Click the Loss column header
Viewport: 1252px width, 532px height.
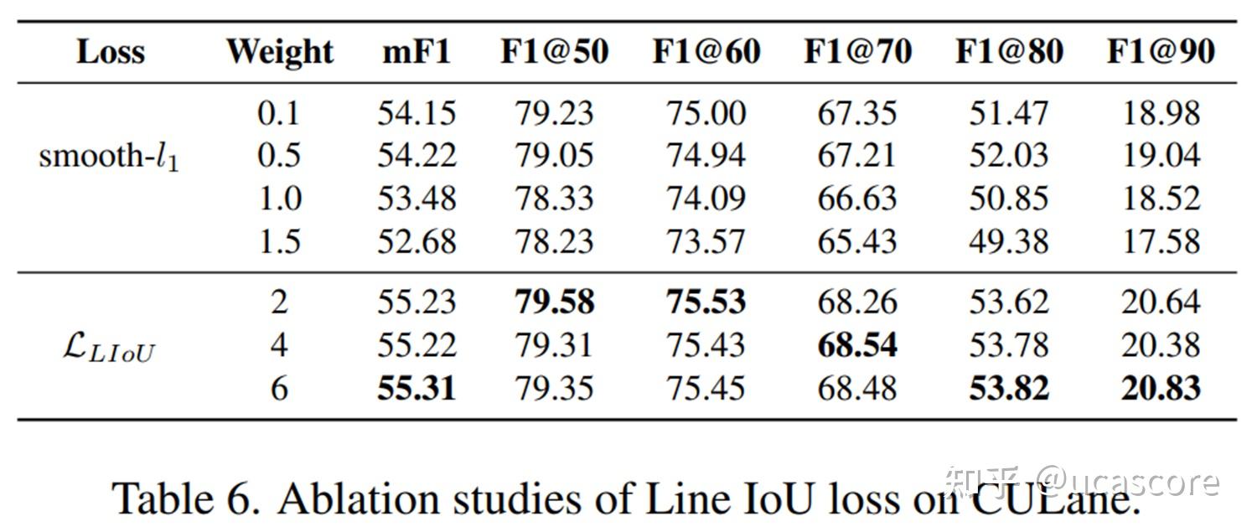pos(111,52)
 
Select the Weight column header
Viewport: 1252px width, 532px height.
pos(279,52)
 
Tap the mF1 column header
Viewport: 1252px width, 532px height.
pos(416,52)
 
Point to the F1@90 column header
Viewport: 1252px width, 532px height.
pos(1161,52)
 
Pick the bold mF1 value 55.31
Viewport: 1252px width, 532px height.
pos(416,389)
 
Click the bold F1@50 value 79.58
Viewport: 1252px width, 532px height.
pos(555,302)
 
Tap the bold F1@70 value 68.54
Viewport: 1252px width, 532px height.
pos(857,345)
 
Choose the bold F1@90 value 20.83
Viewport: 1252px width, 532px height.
pos(1161,389)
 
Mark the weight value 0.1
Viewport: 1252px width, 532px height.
pos(279,113)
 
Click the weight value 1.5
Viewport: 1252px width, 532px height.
pos(279,242)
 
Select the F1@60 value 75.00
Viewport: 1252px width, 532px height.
pos(706,113)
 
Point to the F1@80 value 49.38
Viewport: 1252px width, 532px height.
pos(1008,242)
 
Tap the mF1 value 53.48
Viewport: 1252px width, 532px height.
pos(416,199)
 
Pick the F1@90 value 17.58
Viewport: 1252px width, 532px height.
pos(1161,242)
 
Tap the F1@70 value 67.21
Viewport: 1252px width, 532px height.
pos(857,156)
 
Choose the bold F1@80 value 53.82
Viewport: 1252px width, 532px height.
pos(1008,389)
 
